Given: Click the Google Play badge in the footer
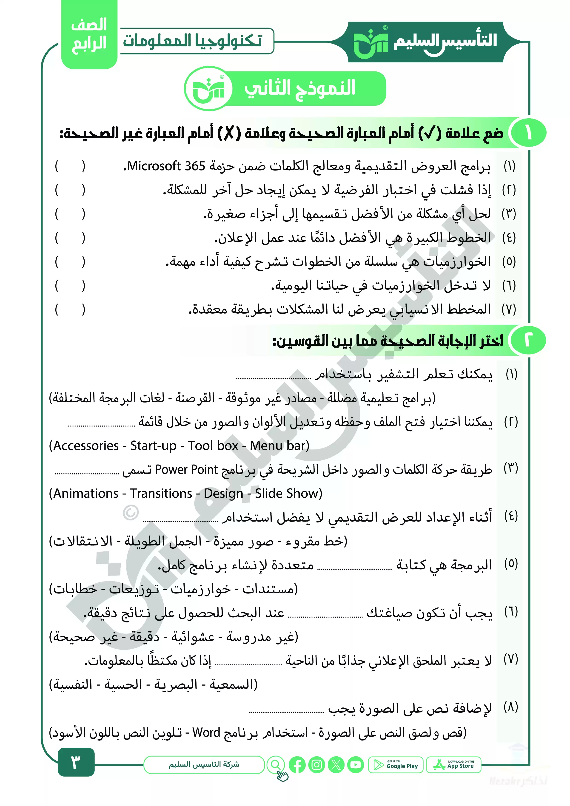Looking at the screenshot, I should [x=396, y=765].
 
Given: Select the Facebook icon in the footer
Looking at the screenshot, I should [x=297, y=765].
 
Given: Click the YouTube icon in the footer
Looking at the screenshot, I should [x=355, y=765].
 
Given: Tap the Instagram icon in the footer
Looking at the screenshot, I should [x=316, y=765].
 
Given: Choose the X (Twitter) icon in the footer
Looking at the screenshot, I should [x=336, y=765].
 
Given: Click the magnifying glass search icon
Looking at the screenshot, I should [x=276, y=764].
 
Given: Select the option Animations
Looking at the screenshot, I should [x=86, y=493].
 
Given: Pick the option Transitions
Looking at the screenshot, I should [x=161, y=493].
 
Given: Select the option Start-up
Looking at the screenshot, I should [x=154, y=446].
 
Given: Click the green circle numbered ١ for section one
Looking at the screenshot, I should [x=528, y=133].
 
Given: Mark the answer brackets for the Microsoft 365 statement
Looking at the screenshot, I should [x=70, y=166].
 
